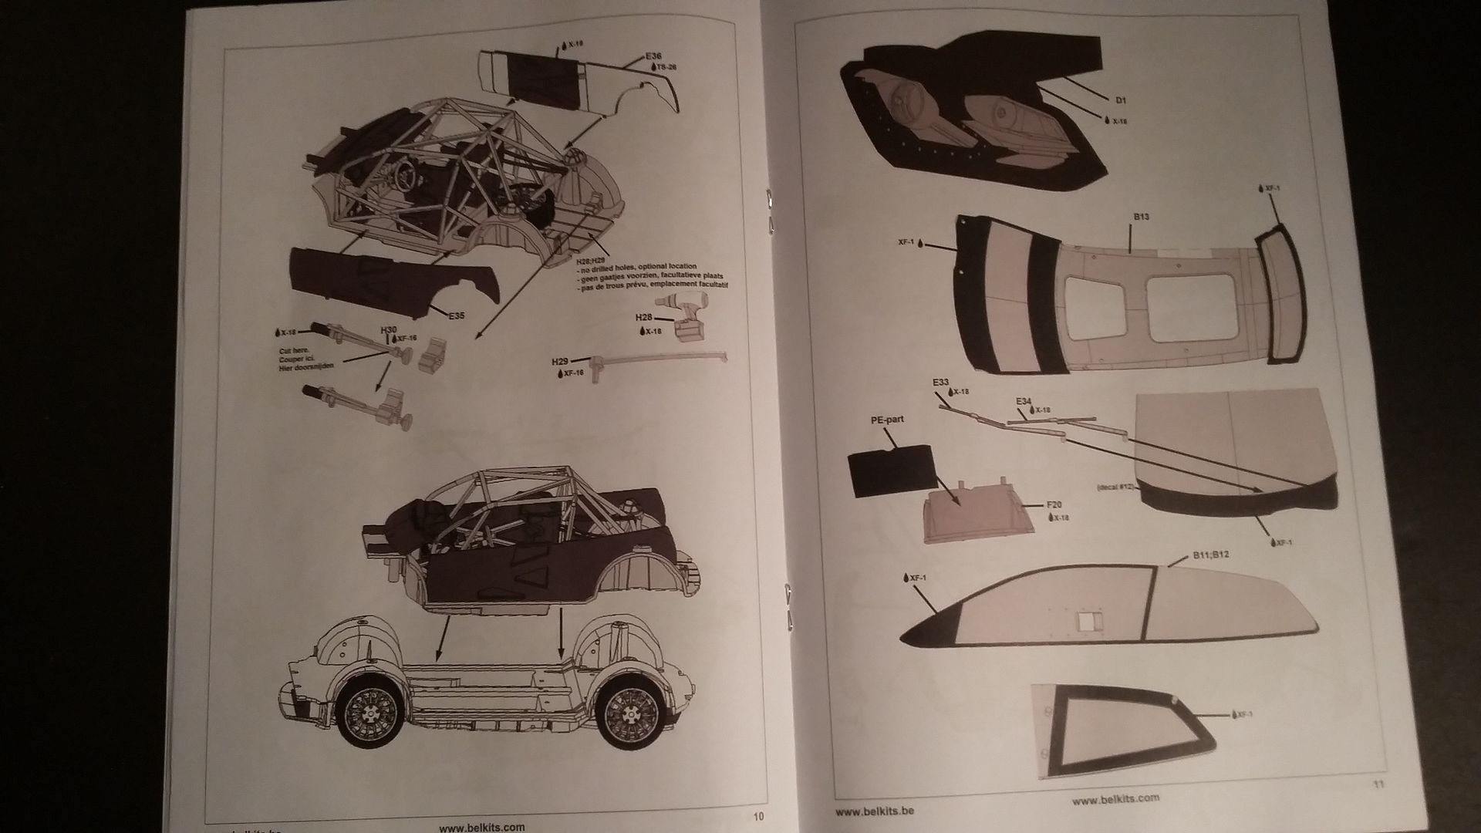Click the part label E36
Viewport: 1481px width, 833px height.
[x=654, y=56]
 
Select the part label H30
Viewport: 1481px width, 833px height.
[x=389, y=329]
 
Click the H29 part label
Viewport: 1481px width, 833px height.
[x=560, y=361]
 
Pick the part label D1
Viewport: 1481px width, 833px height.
[x=1121, y=100]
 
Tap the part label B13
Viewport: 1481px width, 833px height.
[x=1141, y=217]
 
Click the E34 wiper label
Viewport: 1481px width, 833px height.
[x=1024, y=401]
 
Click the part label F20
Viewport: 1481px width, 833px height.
[x=1054, y=505]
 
